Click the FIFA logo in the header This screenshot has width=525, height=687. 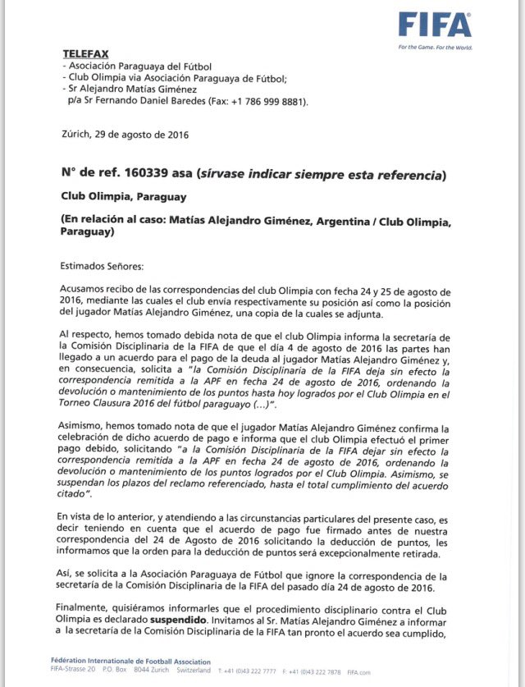click(435, 25)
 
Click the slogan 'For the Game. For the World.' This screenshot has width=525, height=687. click(435, 47)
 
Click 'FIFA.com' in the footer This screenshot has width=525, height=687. click(358, 671)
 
